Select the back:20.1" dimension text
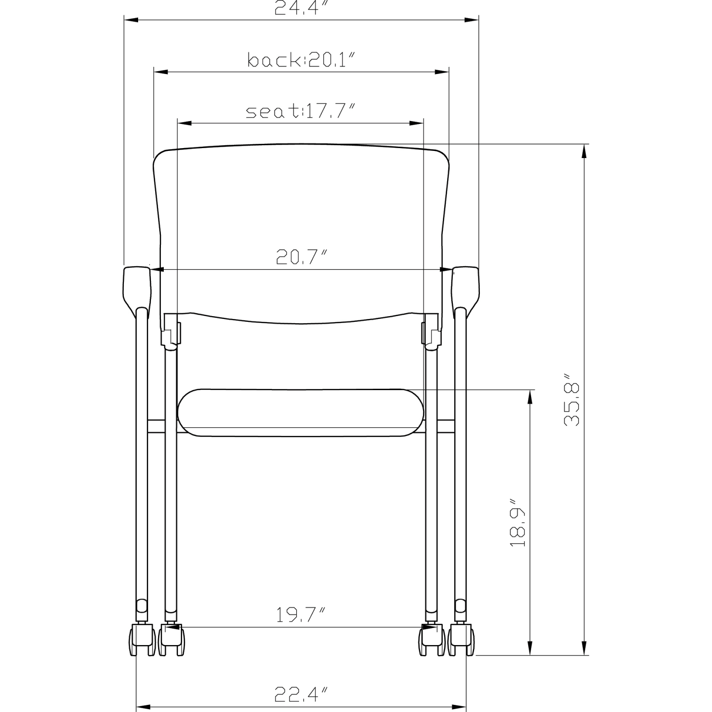(301, 60)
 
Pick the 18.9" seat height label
(518, 522)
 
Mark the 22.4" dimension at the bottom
(301, 694)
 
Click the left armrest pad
(138, 290)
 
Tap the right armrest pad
(465, 290)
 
